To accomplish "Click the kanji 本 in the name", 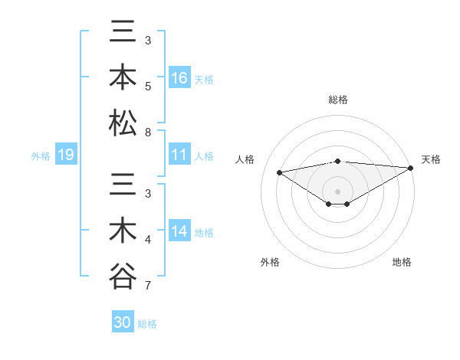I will pyautogui.click(x=123, y=79).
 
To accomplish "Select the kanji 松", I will pyautogui.click(x=123, y=123).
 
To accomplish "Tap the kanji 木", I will pyautogui.click(x=123, y=231).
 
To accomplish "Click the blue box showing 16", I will pyautogui.click(x=179, y=79).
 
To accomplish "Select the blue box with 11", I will pyautogui.click(x=179, y=155).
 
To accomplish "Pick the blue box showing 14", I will pyautogui.click(x=179, y=231).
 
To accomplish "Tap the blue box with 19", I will pyautogui.click(x=66, y=155).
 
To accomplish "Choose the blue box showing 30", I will pyautogui.click(x=123, y=322).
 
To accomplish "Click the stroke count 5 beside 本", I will pyautogui.click(x=149, y=86).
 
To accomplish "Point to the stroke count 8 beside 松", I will pyautogui.click(x=149, y=132).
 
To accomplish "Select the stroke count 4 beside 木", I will pyautogui.click(x=149, y=241).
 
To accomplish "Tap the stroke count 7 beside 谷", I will pyautogui.click(x=149, y=286).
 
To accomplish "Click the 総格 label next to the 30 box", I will pyautogui.click(x=147, y=323).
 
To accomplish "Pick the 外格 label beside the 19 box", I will pyautogui.click(x=41, y=156).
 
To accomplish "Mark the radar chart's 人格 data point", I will pyautogui.click(x=279, y=172).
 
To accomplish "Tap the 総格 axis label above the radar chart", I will pyautogui.click(x=338, y=100).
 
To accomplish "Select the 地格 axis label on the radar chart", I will pyautogui.click(x=402, y=262).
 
